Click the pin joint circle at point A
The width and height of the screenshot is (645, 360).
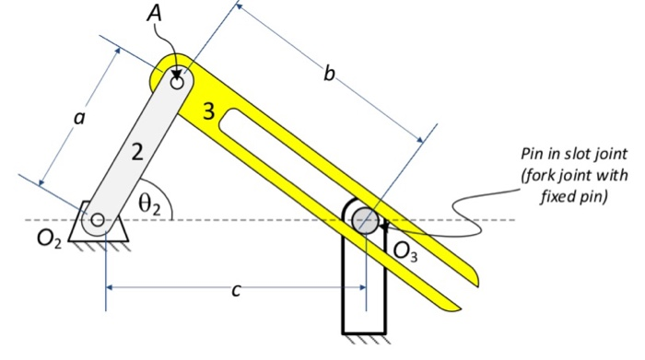coord(178,82)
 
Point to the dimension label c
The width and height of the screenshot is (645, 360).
coord(237,291)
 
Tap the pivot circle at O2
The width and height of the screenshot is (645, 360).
coord(98,219)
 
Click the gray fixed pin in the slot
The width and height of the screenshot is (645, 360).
coord(366,219)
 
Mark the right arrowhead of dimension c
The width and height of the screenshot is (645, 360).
coord(360,287)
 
